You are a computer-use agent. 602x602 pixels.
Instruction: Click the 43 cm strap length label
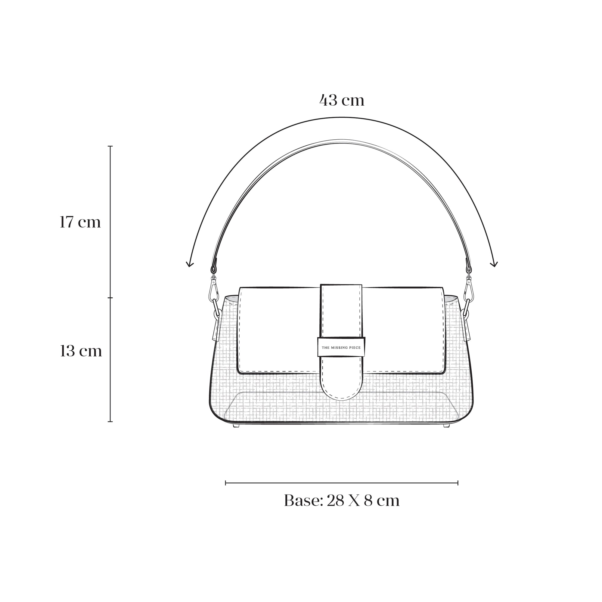(x=342, y=100)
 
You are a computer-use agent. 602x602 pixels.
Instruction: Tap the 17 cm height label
(x=80, y=222)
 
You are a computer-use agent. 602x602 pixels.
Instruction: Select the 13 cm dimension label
(x=81, y=351)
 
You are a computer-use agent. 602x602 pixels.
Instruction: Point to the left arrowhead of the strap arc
(x=189, y=264)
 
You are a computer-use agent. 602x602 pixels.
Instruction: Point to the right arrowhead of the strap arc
(x=494, y=264)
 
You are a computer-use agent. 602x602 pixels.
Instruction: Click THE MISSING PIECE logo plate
(x=341, y=347)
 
